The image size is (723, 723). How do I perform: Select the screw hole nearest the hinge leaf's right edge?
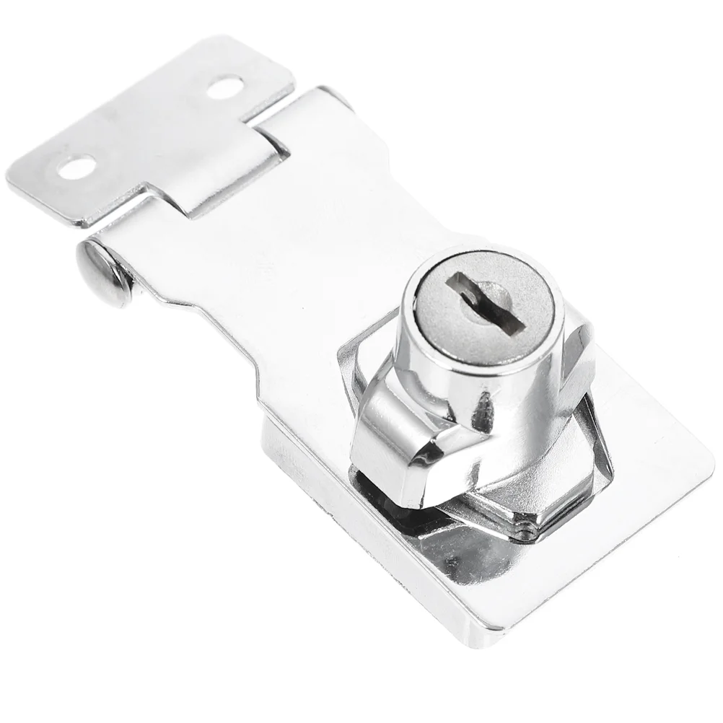224,87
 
